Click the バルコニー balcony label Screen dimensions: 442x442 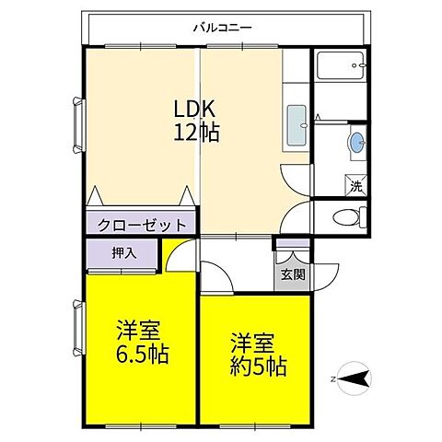(x=222, y=28)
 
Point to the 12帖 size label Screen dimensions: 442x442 (x=196, y=133)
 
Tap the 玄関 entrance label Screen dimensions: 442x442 (x=294, y=274)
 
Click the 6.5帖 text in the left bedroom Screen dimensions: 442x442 (x=142, y=354)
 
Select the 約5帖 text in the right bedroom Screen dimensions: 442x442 (x=258, y=366)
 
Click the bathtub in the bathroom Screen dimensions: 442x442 (x=342, y=66)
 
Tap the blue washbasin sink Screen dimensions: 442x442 (x=356, y=144)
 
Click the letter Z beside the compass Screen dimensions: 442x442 (x=332, y=377)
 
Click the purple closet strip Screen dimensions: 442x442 (x=140, y=224)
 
